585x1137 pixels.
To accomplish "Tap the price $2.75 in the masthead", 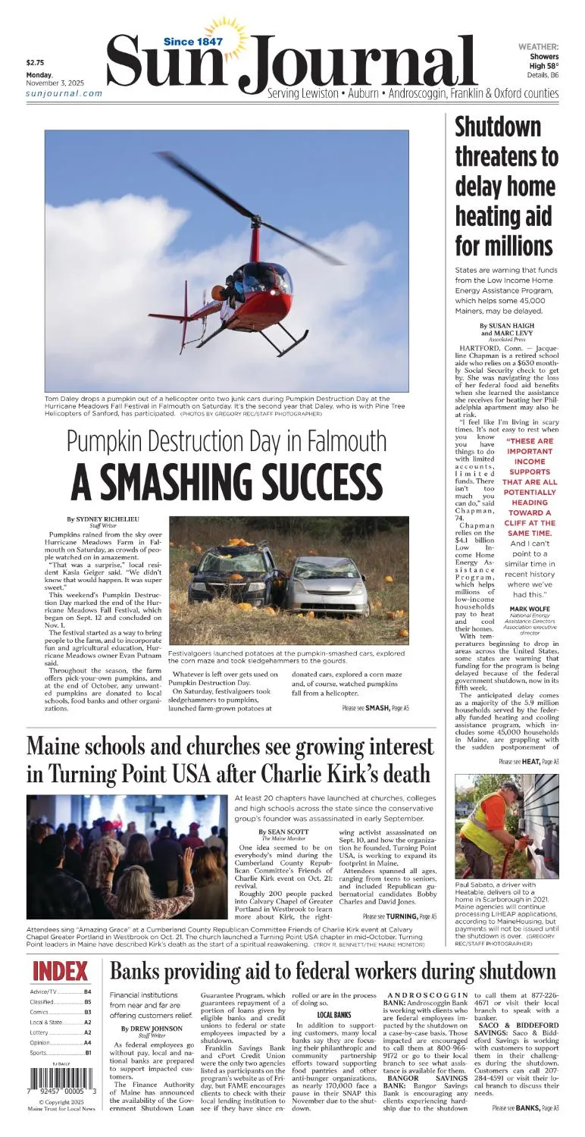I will point(36,63).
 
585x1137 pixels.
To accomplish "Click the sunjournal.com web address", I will point(64,93).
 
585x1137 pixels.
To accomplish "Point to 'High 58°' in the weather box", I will point(543,66).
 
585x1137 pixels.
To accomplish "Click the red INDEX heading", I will point(61,971).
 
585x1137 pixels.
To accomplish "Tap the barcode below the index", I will point(62,1079).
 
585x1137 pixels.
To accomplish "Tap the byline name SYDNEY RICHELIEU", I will point(108,519).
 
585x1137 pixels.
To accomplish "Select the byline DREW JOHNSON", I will point(152,1029).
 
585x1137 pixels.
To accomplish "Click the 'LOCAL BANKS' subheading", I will point(333,1014).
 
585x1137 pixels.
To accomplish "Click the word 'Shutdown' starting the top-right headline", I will point(498,127).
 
